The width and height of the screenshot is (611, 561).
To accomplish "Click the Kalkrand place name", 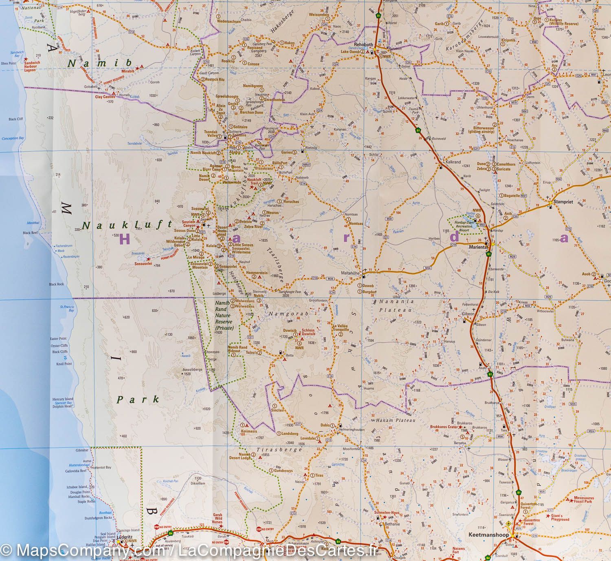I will (x=453, y=162).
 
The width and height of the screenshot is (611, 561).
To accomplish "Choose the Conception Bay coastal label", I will (x=11, y=138).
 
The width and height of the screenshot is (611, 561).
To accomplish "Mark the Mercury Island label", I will (x=62, y=399).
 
